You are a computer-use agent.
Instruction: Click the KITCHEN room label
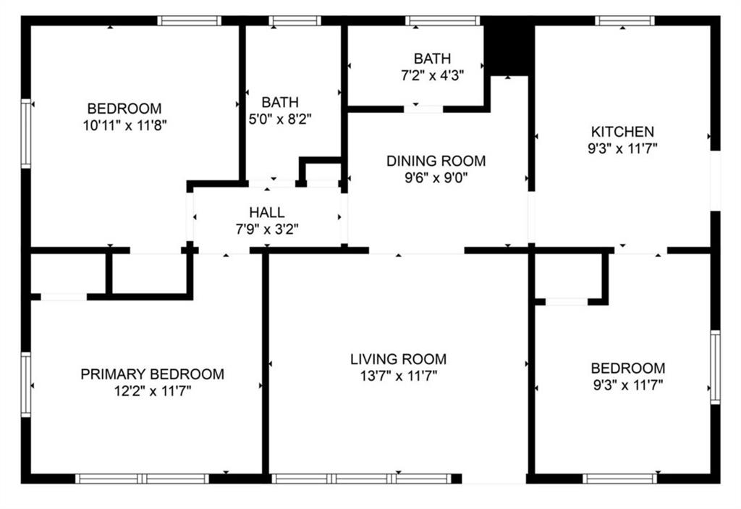click(x=622, y=131)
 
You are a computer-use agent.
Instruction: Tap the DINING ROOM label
click(x=436, y=161)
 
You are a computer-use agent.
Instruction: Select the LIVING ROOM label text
click(x=398, y=359)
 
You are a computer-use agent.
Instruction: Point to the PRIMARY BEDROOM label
click(x=152, y=374)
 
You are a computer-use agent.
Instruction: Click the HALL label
click(x=267, y=212)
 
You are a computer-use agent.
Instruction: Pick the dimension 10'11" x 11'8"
click(x=124, y=125)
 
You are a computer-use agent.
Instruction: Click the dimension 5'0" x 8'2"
click(x=280, y=119)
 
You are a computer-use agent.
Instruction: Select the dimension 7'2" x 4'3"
click(x=433, y=75)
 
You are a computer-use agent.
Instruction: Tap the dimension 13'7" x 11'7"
click(x=399, y=376)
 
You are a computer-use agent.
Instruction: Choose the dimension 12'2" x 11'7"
click(x=152, y=391)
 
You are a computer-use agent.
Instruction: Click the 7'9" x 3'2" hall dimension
click(x=267, y=230)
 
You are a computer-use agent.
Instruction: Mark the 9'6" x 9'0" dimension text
click(x=436, y=178)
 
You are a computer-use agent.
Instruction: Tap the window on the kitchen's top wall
click(x=624, y=20)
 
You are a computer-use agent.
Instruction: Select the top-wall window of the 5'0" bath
click(x=295, y=20)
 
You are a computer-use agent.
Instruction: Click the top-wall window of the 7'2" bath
click(x=443, y=20)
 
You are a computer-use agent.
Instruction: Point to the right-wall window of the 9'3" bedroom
click(x=716, y=367)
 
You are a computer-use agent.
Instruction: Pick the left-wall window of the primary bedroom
click(x=25, y=384)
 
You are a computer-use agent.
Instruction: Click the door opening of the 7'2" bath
click(x=423, y=109)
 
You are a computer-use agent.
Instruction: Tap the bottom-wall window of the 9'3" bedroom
click(x=619, y=479)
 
